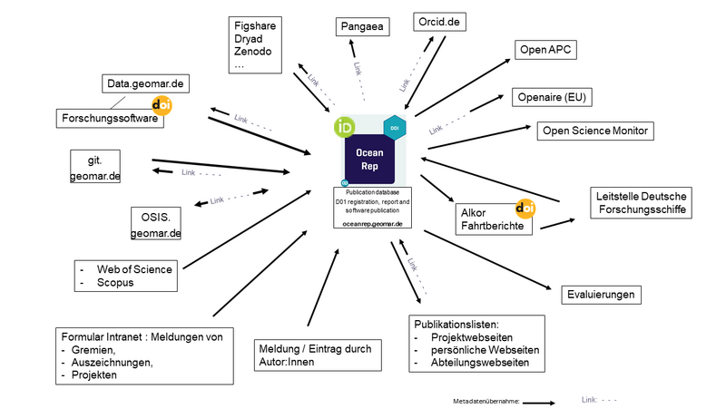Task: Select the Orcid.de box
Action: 440,21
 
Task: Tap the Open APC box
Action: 546,50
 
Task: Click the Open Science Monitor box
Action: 594,131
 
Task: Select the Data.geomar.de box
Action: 146,84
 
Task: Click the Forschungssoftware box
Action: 110,117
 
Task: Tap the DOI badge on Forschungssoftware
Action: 162,106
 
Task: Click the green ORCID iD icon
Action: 345,126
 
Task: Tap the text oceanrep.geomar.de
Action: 373,222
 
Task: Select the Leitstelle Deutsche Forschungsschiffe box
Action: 642,202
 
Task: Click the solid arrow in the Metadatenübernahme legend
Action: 540,399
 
